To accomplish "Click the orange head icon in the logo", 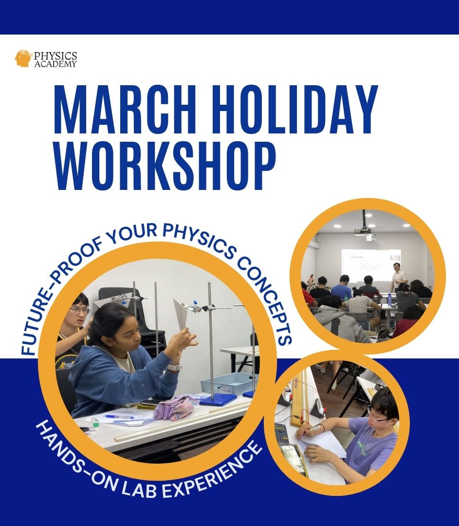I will click(23, 58).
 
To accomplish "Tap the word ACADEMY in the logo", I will click(55, 64).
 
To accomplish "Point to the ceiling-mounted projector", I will click(364, 233).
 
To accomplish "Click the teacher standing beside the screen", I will click(399, 277).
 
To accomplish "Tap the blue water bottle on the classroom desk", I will click(389, 299).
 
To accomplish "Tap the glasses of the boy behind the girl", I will click(79, 310).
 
